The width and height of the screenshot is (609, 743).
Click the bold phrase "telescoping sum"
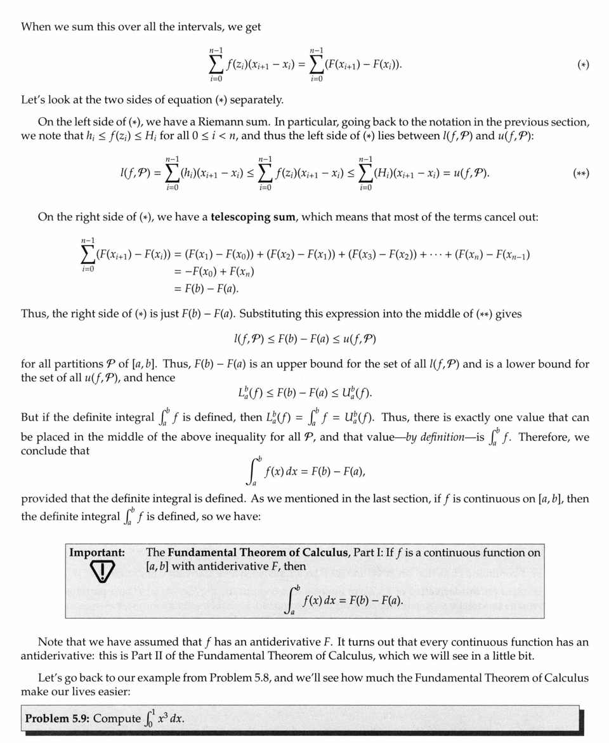pos(253,217)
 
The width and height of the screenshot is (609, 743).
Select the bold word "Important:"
pos(96,553)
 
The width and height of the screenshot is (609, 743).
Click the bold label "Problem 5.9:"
pos(55,718)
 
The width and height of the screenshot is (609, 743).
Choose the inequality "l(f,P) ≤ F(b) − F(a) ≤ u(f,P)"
pos(304,339)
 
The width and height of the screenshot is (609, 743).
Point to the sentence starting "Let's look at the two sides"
pos(152,100)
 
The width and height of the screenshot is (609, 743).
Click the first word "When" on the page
pos(36,27)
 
